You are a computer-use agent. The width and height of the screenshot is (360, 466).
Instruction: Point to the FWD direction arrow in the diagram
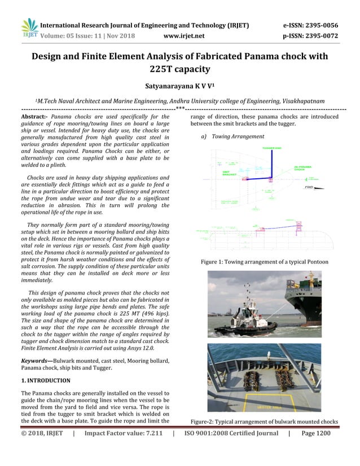click(310, 187)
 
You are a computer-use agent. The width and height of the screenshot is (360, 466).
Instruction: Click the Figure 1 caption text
click(265, 262)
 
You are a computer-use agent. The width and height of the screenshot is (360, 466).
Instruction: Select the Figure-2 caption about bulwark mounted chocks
click(264, 421)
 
